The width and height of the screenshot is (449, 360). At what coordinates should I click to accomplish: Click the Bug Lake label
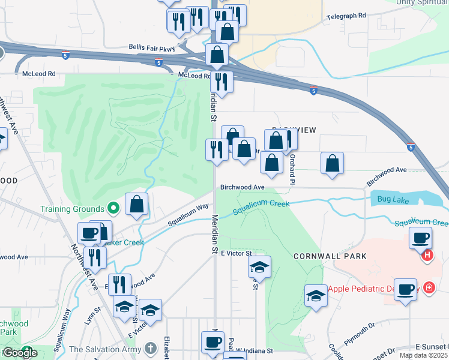pyautogui.click(x=393, y=199)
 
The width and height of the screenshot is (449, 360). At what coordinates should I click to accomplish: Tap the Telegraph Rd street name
pyautogui.click(x=346, y=16)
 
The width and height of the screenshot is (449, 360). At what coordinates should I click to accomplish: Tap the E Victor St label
pyautogui.click(x=235, y=254)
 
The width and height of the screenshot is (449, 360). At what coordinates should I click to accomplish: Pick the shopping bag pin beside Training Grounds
pyautogui.click(x=137, y=204)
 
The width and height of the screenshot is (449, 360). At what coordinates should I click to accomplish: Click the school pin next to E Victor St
pyautogui.click(x=259, y=266)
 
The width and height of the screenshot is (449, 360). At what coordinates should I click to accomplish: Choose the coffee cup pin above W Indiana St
pyautogui.click(x=212, y=341)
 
